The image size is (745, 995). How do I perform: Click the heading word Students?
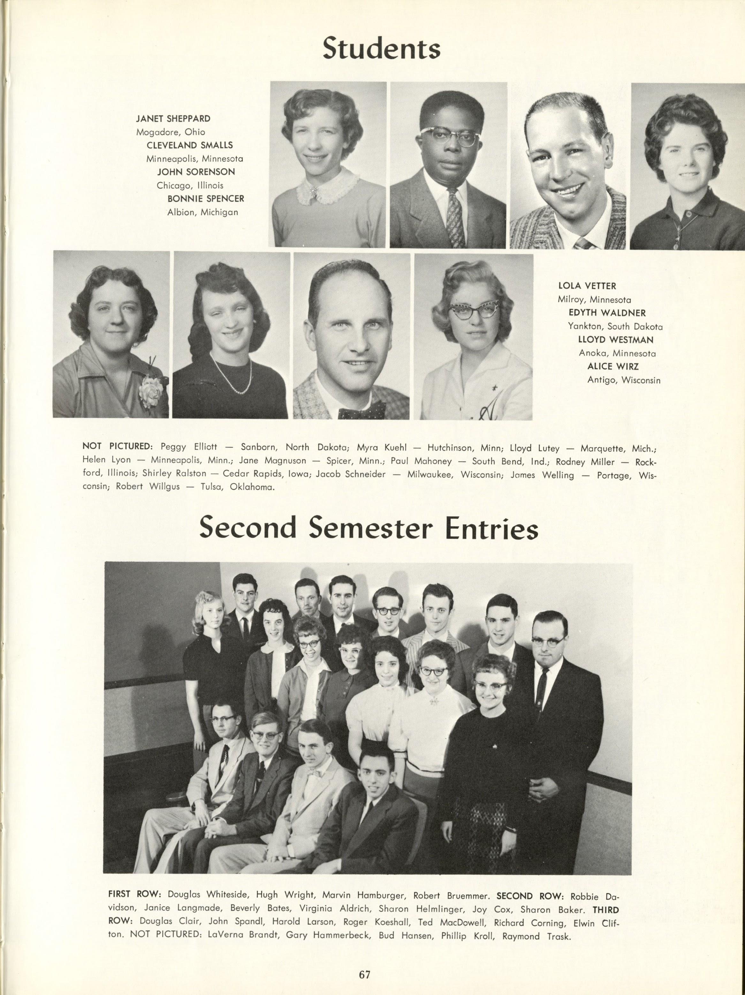pyautogui.click(x=382, y=49)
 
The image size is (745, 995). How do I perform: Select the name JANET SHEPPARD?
pyautogui.click(x=173, y=119)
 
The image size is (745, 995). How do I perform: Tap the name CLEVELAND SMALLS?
pyautogui.click(x=189, y=145)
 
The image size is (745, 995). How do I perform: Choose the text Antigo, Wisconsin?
pyautogui.click(x=624, y=380)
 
